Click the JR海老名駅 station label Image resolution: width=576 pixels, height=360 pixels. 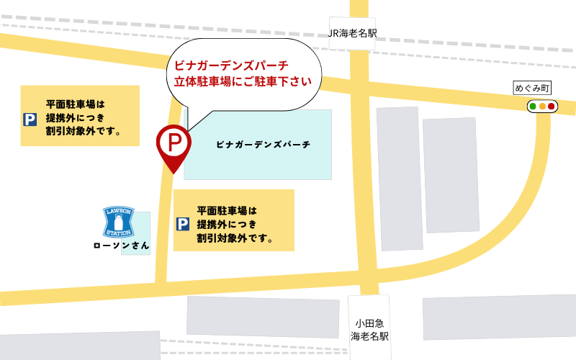[x=353, y=33]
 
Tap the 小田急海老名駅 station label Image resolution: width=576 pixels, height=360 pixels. [x=369, y=329]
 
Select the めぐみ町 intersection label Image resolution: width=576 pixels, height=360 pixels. [x=532, y=88]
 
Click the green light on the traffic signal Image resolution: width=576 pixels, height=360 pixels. [x=533, y=107]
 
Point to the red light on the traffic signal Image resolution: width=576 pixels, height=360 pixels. [x=552, y=107]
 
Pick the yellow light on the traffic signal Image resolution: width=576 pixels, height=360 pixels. [x=542, y=107]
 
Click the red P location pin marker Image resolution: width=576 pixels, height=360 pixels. [x=173, y=143]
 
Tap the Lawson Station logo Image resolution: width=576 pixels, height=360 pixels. [x=119, y=222]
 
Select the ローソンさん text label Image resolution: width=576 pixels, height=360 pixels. [x=122, y=246]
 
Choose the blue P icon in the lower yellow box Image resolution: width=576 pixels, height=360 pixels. [x=183, y=224]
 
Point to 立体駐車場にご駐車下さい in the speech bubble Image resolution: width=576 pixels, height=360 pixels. [x=243, y=81]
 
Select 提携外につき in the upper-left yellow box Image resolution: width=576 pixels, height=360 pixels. [x=75, y=118]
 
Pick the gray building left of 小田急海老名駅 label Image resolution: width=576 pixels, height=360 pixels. [x=263, y=316]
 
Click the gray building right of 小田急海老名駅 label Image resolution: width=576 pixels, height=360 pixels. [x=499, y=318]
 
